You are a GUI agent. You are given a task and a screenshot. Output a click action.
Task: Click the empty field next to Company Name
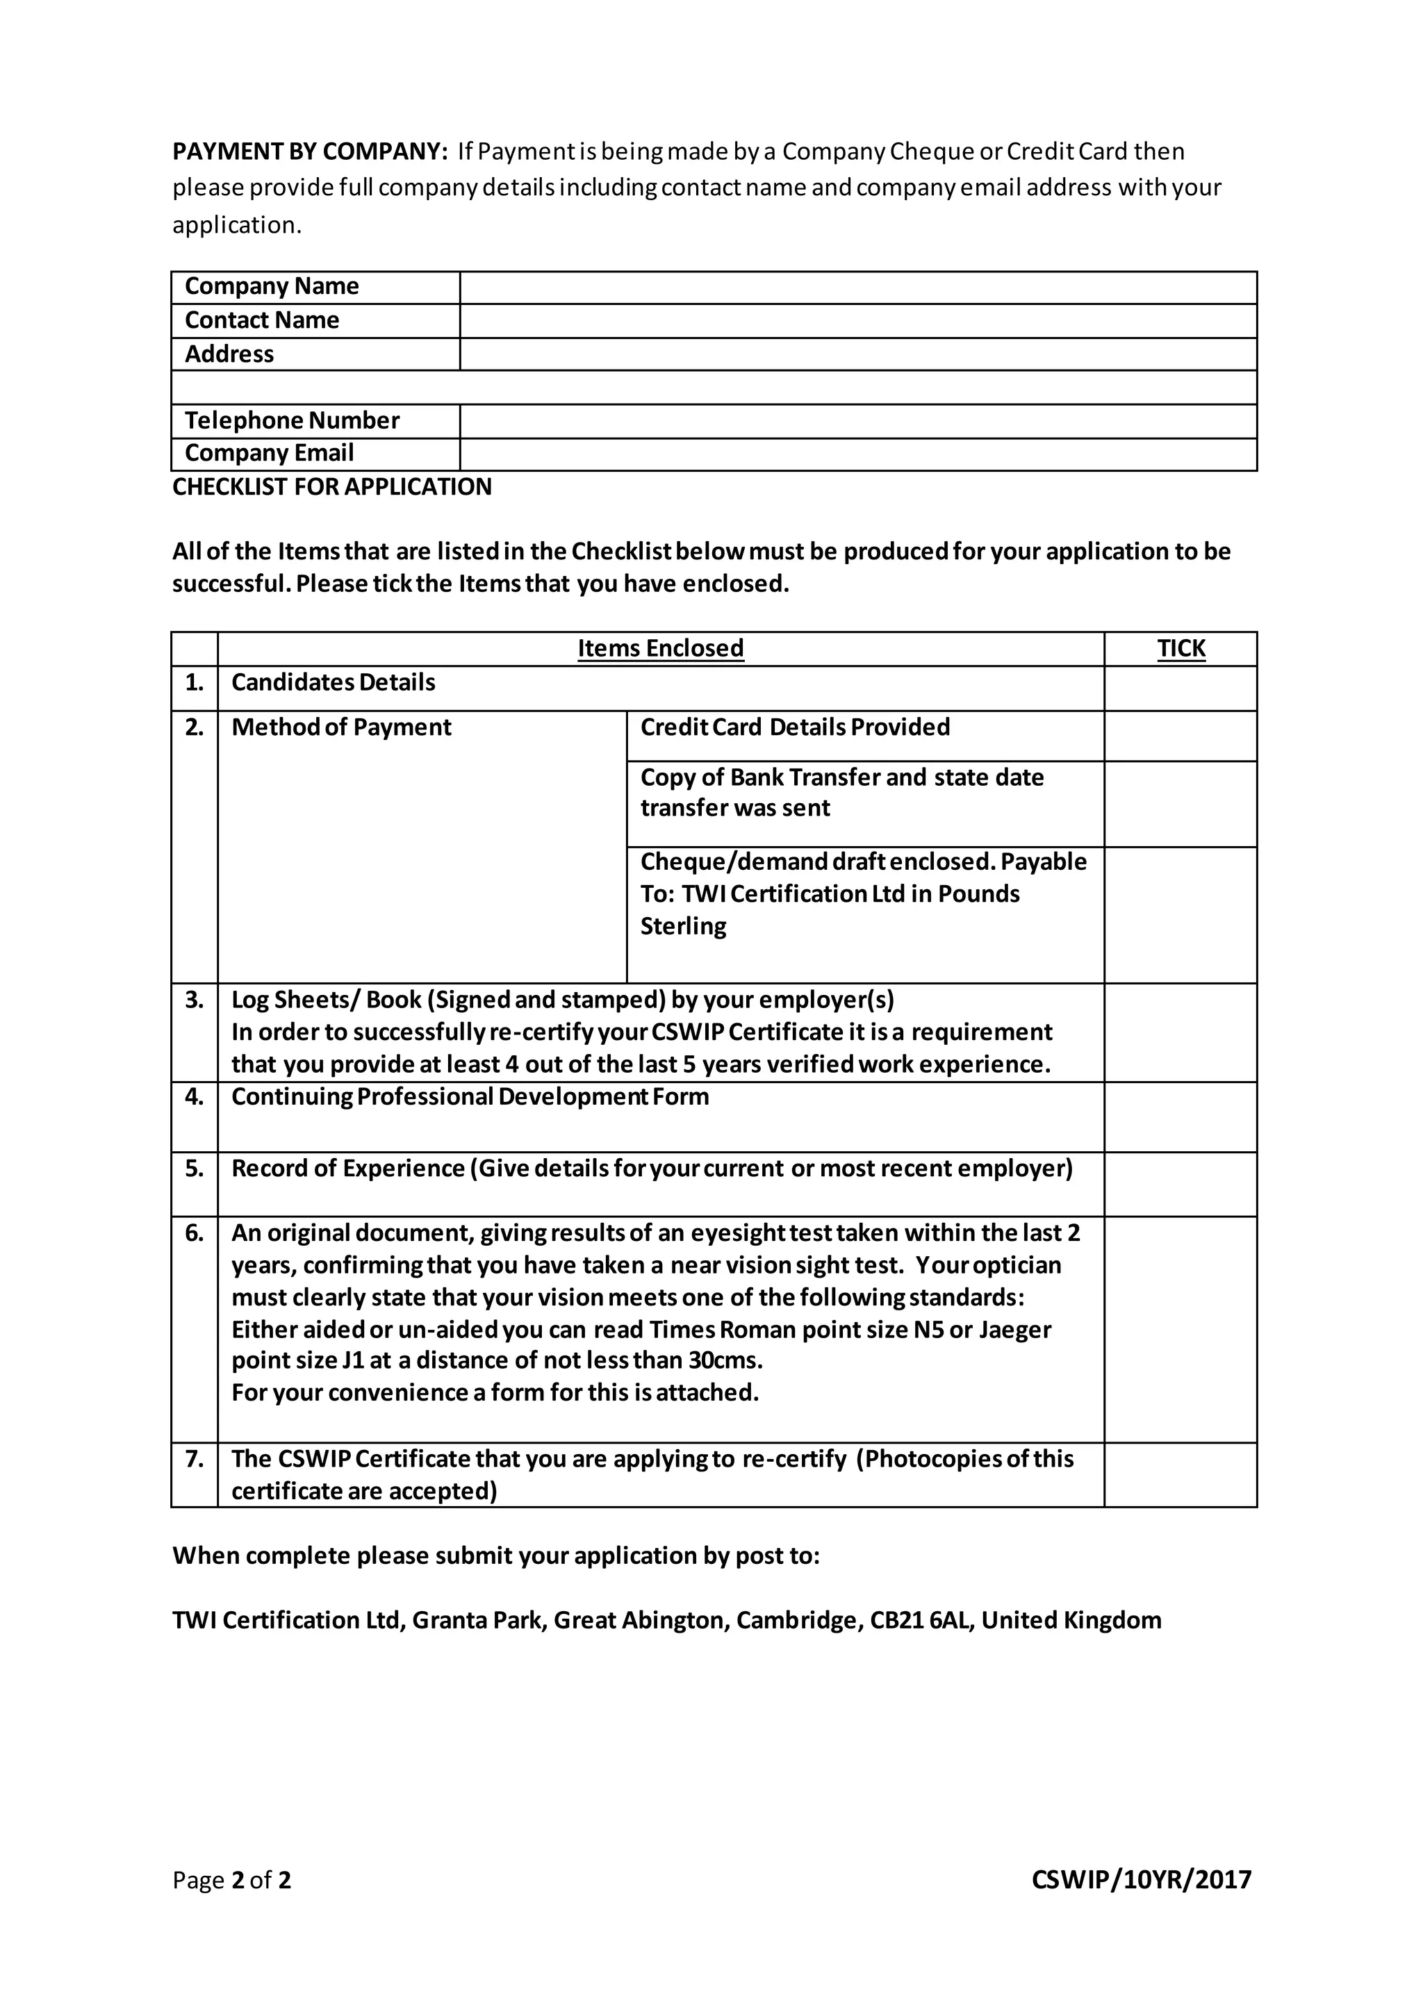(x=858, y=288)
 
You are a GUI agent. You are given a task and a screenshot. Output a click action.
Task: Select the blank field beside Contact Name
(x=858, y=321)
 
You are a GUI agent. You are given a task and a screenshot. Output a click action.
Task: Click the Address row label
(x=229, y=354)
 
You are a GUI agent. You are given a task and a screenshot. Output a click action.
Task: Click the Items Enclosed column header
(x=660, y=648)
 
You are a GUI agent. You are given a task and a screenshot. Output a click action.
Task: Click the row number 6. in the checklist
(x=194, y=1233)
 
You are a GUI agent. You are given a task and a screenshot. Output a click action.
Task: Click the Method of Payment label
(x=341, y=727)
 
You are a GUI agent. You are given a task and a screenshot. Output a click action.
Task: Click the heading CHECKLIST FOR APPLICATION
(x=332, y=487)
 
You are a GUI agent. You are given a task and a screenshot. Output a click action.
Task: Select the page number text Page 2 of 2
(x=231, y=1880)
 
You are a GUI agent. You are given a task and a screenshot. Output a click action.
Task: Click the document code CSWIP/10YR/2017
(x=1141, y=1880)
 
